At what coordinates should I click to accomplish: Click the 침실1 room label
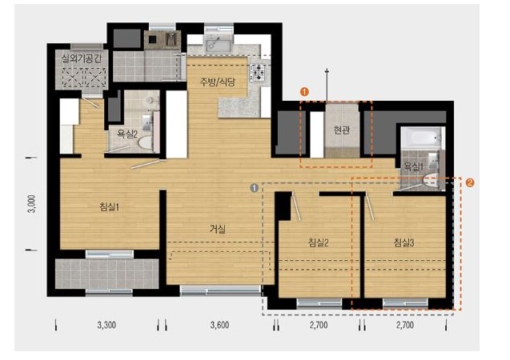click(x=109, y=207)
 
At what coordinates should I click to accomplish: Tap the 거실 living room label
click(x=217, y=229)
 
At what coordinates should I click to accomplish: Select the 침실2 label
click(x=318, y=242)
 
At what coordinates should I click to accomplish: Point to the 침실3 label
click(x=404, y=242)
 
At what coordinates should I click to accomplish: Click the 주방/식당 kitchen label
click(x=217, y=82)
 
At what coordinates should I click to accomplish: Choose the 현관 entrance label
click(x=342, y=130)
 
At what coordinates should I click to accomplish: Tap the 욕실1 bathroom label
click(x=413, y=166)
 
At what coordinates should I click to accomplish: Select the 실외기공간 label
click(x=82, y=58)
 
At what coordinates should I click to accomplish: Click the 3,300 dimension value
click(x=106, y=325)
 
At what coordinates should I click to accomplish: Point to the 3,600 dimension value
click(x=219, y=325)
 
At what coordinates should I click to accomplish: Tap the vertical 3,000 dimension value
click(x=32, y=204)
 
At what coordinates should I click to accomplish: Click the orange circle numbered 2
click(x=470, y=182)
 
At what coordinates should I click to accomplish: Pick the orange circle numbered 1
click(x=304, y=92)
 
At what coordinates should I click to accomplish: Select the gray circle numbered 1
click(x=255, y=187)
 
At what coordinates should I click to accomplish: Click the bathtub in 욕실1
click(x=422, y=138)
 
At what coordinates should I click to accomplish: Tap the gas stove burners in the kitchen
click(x=259, y=73)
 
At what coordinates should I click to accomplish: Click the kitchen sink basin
click(x=218, y=45)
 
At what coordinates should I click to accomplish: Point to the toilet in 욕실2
click(x=146, y=142)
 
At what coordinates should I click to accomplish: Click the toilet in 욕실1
click(x=430, y=181)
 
